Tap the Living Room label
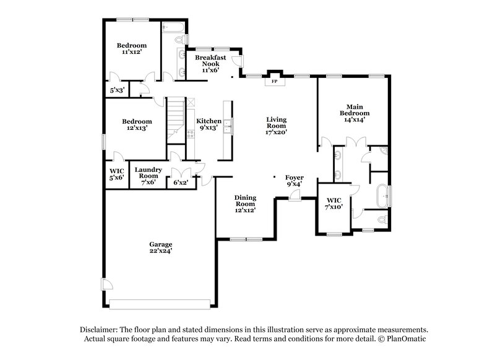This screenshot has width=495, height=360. [276, 126]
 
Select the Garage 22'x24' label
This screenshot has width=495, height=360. [160, 247]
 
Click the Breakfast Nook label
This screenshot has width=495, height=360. [210, 64]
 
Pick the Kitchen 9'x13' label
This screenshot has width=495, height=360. [209, 124]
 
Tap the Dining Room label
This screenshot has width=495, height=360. [245, 204]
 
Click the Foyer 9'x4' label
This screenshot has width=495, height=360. [294, 180]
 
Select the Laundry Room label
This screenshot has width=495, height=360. [148, 176]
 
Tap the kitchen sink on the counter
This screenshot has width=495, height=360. [228, 127]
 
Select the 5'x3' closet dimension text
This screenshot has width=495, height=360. [118, 90]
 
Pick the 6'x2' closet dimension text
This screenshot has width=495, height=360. [181, 182]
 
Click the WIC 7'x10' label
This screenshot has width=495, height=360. [334, 204]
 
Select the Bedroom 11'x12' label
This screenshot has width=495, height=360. [132, 49]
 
